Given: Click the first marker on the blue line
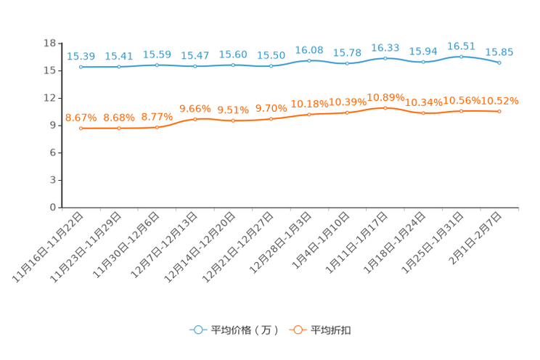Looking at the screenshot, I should click(x=81, y=67).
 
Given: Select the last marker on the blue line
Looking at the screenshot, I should click(x=499, y=63).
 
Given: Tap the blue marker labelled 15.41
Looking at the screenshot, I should click(x=119, y=67).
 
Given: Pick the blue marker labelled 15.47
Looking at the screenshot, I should click(x=195, y=66).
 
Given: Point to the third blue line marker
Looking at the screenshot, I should click(x=157, y=65).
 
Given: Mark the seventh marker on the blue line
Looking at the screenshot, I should click(x=309, y=61).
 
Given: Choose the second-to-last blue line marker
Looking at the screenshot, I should click(x=461, y=57).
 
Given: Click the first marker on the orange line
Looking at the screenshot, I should click(x=81, y=128).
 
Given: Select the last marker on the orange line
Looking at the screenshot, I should click(x=499, y=111).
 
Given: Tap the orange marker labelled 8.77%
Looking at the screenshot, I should click(x=157, y=128).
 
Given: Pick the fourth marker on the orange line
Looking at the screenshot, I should click(x=195, y=118).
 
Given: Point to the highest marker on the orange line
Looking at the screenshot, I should click(x=385, y=107).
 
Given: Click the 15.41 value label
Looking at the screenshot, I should click(x=119, y=55).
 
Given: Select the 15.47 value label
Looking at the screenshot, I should click(x=195, y=55).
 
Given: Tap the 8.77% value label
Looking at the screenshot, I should click(x=157, y=116).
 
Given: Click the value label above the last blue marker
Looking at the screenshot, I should click(x=499, y=52).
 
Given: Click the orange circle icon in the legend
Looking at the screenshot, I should click(x=297, y=330).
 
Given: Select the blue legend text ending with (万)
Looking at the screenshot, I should click(x=245, y=330).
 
